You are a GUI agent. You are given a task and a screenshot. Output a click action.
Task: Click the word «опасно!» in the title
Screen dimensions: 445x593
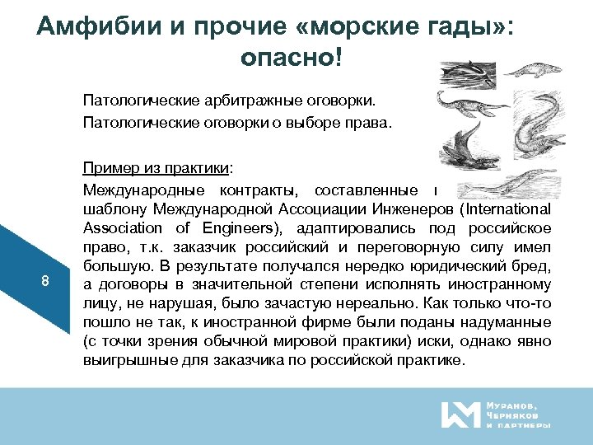click(x=291, y=57)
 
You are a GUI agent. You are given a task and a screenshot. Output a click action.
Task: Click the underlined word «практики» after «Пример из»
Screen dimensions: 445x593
click(x=198, y=169)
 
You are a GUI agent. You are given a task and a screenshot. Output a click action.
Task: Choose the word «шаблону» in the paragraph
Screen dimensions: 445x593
click(x=108, y=208)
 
